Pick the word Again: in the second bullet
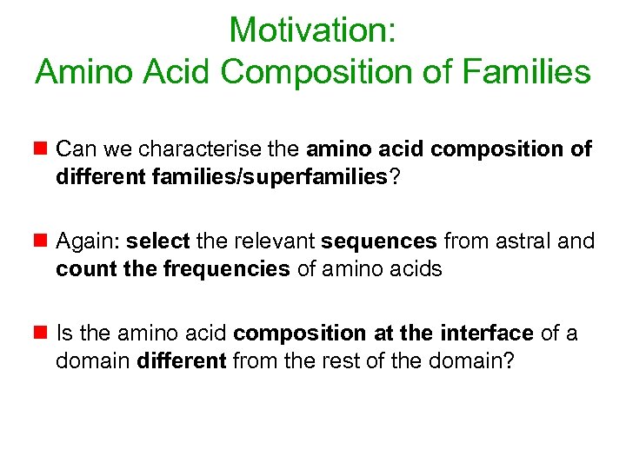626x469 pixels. [88, 241]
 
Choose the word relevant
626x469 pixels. [279, 241]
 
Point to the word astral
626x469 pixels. [524, 241]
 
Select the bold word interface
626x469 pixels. [487, 334]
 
